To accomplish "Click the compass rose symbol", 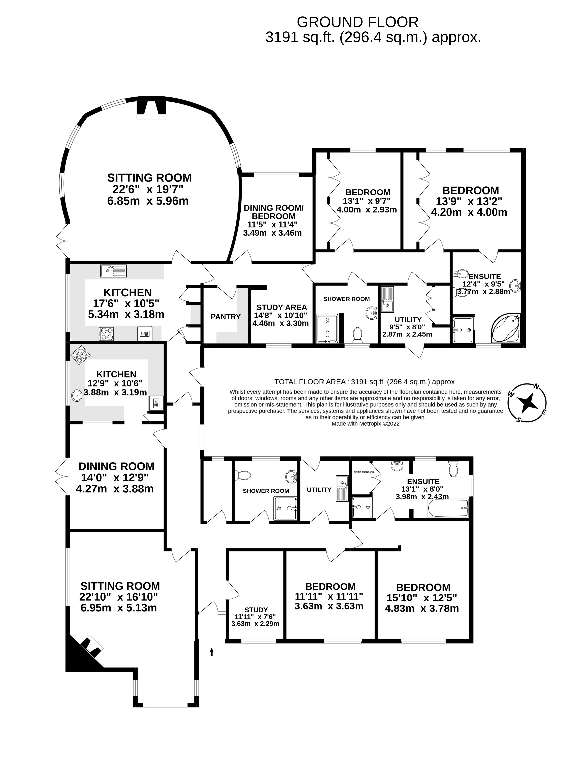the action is point(527,403).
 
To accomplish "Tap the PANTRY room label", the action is point(226,317).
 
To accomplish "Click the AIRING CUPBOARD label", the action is point(364,472).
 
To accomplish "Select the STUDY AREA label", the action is point(282,307).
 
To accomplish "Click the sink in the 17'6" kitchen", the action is point(113,270).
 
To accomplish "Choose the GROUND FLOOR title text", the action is point(357,22).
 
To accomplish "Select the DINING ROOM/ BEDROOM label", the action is point(273,212).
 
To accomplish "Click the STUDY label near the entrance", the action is point(256,610).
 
